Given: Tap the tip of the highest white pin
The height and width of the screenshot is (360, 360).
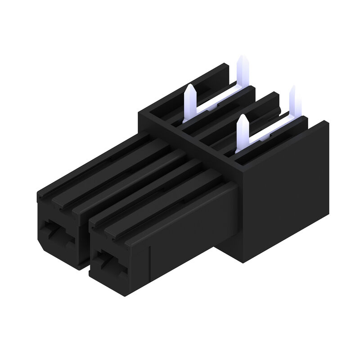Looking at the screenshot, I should [x=241, y=58].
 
